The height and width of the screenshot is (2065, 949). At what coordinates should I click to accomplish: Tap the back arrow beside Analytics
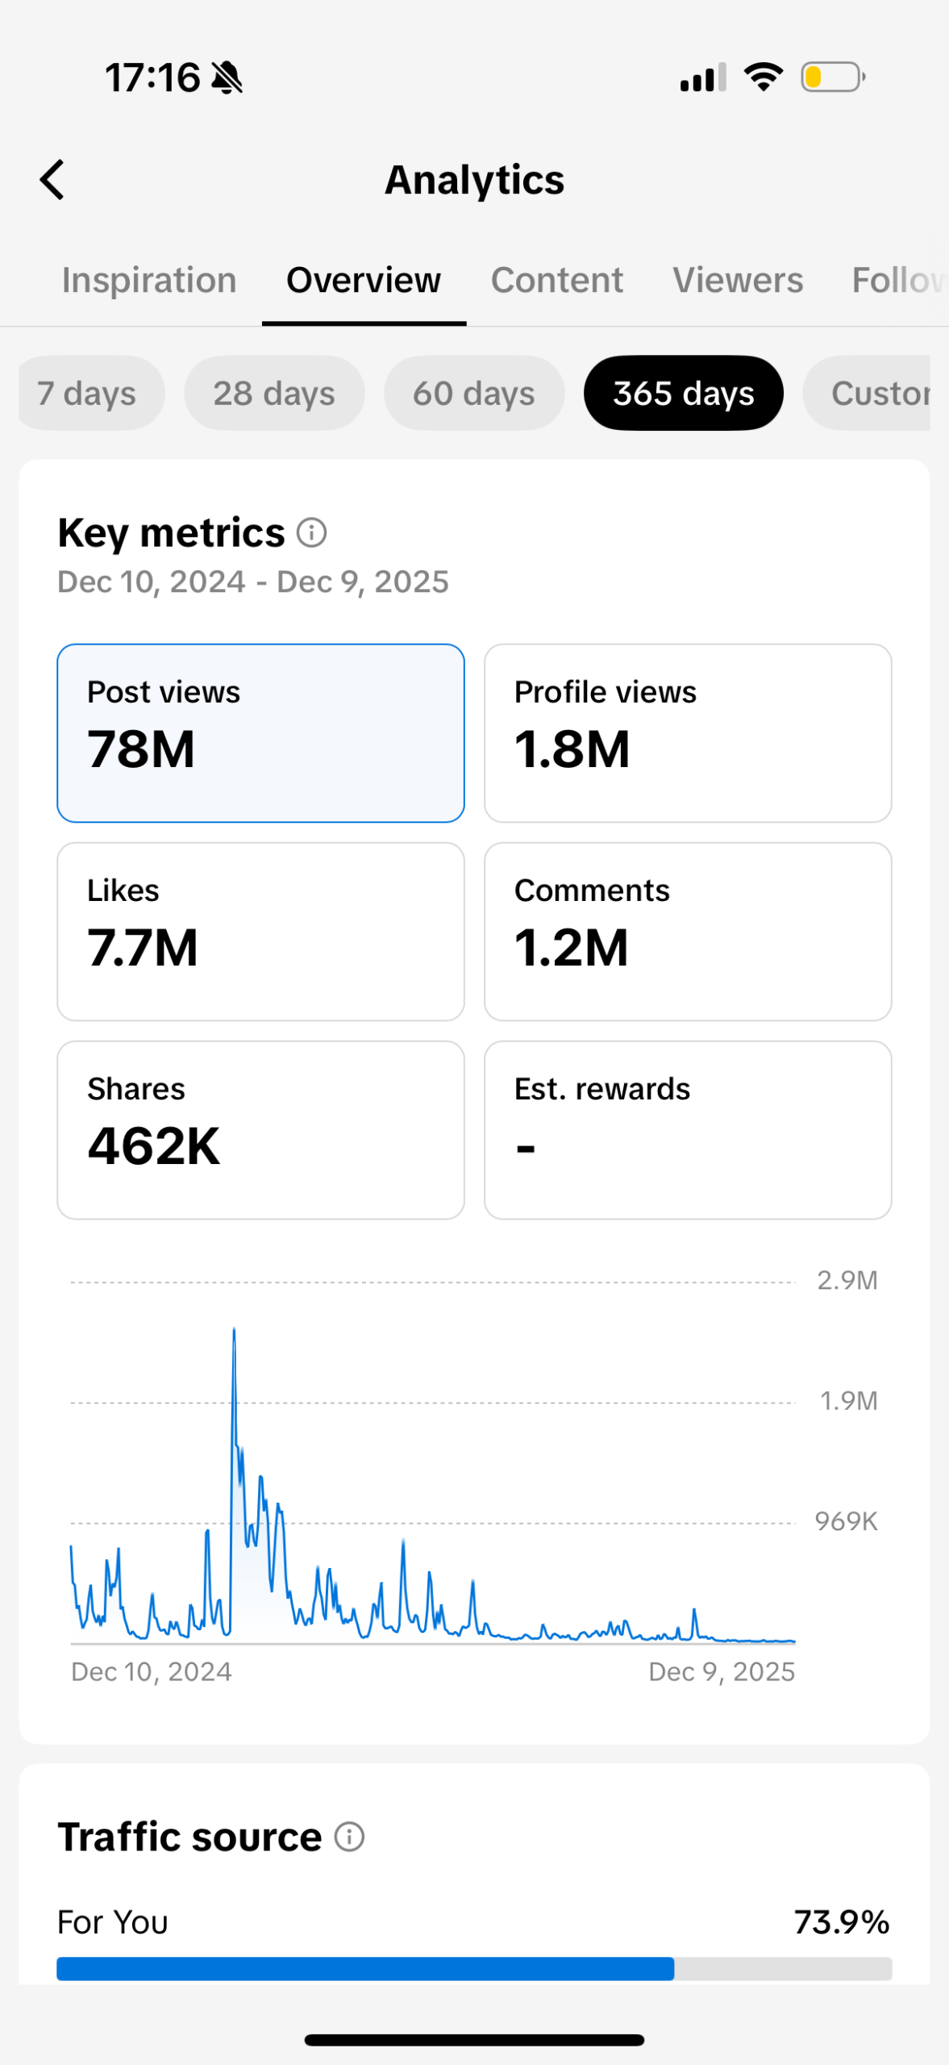coord(52,179)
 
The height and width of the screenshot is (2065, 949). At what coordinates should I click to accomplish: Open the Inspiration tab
coord(149,281)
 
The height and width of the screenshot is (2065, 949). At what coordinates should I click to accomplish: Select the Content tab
coord(556,281)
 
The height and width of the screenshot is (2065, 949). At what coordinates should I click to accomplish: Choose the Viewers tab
coord(738,281)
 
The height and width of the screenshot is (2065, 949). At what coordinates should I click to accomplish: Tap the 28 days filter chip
coord(274,394)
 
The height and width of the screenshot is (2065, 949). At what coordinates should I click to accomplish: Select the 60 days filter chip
coord(474,394)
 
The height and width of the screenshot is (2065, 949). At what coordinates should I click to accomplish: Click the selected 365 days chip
coord(683,394)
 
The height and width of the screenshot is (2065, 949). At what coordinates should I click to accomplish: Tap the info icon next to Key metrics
coord(311,532)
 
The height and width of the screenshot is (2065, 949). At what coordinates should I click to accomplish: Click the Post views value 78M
coord(142,749)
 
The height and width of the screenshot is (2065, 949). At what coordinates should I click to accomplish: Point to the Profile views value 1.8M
coord(572,749)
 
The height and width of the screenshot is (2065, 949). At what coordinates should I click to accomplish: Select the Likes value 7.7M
coord(143,948)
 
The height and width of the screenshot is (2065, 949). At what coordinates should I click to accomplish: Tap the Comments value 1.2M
coord(571,948)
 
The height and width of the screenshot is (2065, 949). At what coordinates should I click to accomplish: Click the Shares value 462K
coord(153,1146)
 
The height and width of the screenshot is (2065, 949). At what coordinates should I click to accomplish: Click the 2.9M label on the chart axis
coord(847,1281)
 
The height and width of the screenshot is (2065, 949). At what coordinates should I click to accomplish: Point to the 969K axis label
coord(846,1522)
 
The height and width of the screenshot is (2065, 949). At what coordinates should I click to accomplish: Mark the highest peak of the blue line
coord(234,1329)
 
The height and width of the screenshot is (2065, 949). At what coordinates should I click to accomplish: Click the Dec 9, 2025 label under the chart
coord(722,1672)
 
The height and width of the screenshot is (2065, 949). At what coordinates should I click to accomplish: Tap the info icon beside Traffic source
coord(349,1837)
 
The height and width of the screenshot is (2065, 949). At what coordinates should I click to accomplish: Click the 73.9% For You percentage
coord(841,1922)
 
